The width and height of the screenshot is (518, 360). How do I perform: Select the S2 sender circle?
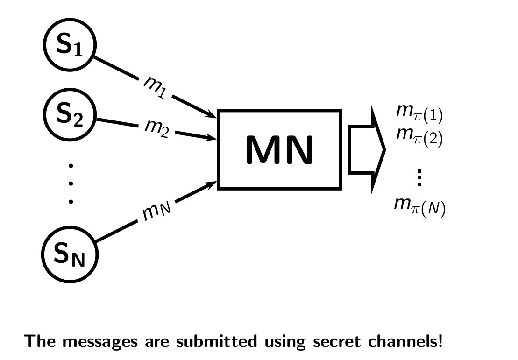pyautogui.click(x=70, y=114)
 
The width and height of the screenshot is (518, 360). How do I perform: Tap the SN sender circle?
pyautogui.click(x=70, y=255)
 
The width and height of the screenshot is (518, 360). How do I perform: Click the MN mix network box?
pyautogui.click(x=280, y=149)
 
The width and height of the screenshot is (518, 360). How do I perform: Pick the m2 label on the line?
pyautogui.click(x=156, y=127)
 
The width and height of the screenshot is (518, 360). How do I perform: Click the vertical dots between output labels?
pyautogui.click(x=419, y=178)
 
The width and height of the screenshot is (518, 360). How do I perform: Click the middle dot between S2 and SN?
pyautogui.click(x=71, y=184)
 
